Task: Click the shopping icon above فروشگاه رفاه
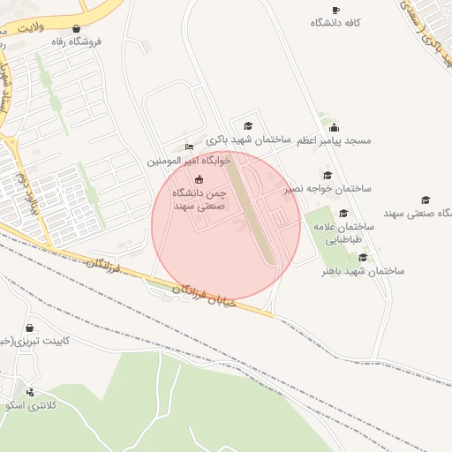pos(77,28)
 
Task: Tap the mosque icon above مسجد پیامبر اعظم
pos(334,127)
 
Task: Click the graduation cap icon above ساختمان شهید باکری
pos(248,126)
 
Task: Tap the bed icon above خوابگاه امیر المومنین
pos(188,147)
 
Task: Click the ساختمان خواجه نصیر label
pos(328,189)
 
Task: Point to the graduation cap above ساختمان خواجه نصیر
pos(328,175)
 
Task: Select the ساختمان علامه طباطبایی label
pos(343,232)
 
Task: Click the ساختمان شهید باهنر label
pos(362,271)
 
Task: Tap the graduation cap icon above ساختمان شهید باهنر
pos(363,257)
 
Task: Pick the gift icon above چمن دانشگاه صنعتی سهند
pos(199,179)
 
